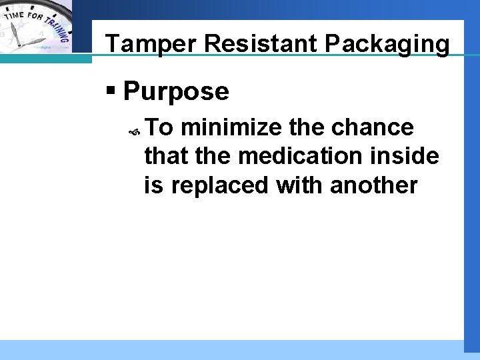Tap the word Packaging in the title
[x=387, y=43]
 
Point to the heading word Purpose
[x=176, y=91]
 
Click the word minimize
[x=231, y=127]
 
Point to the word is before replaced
[x=153, y=185]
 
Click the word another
[x=374, y=185]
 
